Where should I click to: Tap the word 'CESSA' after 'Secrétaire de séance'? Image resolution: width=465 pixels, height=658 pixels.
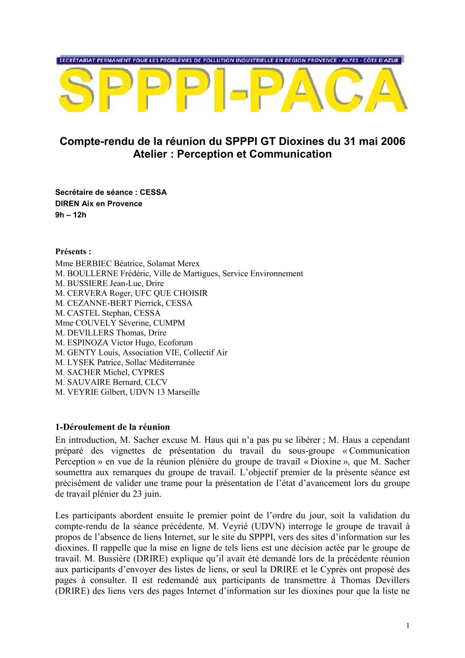pos(153,192)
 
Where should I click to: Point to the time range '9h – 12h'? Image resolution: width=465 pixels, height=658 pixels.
pos(71,215)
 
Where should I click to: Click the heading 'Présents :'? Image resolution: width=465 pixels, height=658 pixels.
pos(73,252)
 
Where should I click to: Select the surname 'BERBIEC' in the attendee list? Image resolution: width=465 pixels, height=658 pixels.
pos(93,264)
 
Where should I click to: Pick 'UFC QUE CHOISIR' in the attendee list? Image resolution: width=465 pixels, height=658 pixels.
pos(171,293)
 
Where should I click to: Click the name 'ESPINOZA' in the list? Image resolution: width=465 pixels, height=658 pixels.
pos(88,342)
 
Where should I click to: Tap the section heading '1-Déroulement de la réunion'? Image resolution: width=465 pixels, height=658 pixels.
pos(113,427)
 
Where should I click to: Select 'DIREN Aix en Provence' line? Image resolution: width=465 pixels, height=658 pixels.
pos(99,204)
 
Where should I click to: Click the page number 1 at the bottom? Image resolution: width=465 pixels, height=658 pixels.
pos(408,626)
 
